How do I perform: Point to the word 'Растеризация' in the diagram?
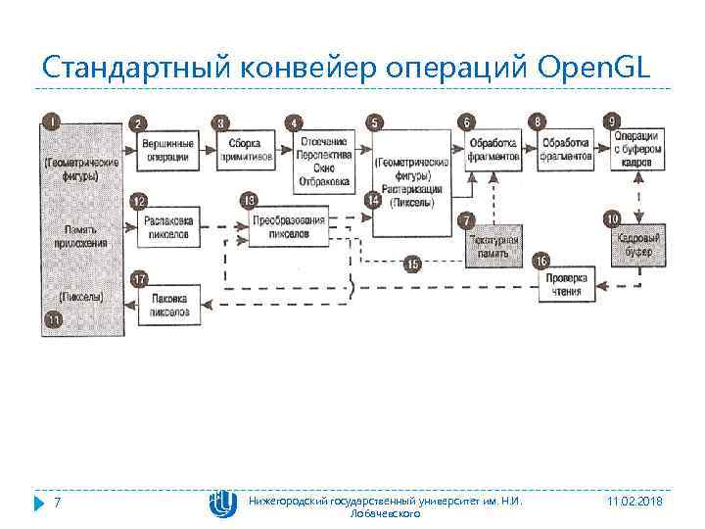(x=412, y=188)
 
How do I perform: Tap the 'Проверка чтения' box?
(x=566, y=285)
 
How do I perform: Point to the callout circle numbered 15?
(x=412, y=264)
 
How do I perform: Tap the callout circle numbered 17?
(x=140, y=280)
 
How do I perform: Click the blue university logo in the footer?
(x=222, y=503)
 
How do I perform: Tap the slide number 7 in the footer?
(x=57, y=503)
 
